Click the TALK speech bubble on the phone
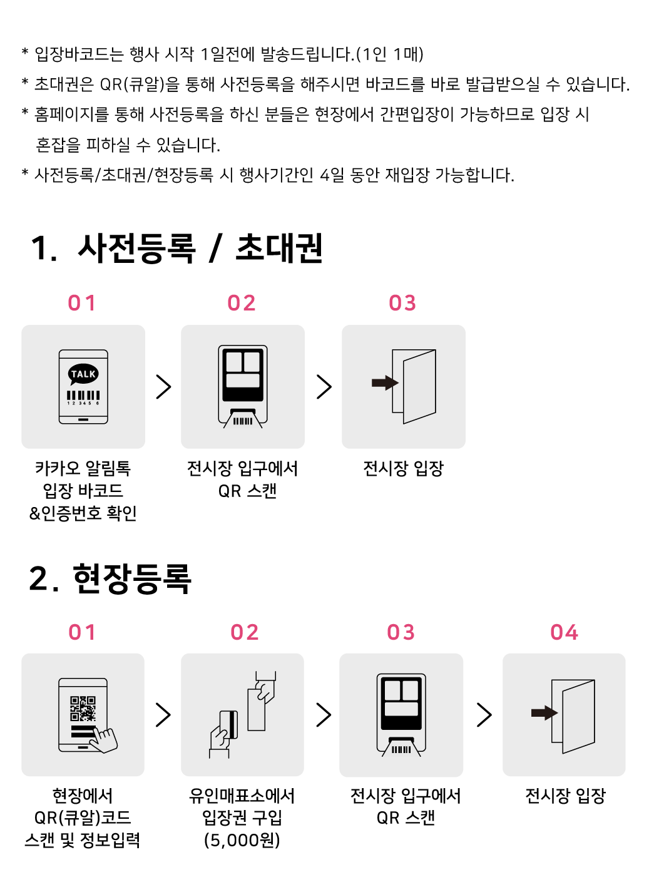(x=83, y=374)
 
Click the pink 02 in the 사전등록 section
(x=241, y=303)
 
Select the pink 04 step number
(x=564, y=632)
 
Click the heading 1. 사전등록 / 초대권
(x=176, y=249)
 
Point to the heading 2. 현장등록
(x=110, y=578)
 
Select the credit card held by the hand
(x=228, y=724)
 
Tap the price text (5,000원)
(x=242, y=840)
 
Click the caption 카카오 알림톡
(x=83, y=468)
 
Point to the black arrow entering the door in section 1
(x=385, y=382)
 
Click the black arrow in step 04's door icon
(x=544, y=712)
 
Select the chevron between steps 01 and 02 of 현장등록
(x=163, y=715)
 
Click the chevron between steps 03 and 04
(x=484, y=715)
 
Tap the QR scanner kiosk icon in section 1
(x=242, y=386)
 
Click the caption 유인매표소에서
(x=242, y=796)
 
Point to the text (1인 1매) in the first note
(x=389, y=54)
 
